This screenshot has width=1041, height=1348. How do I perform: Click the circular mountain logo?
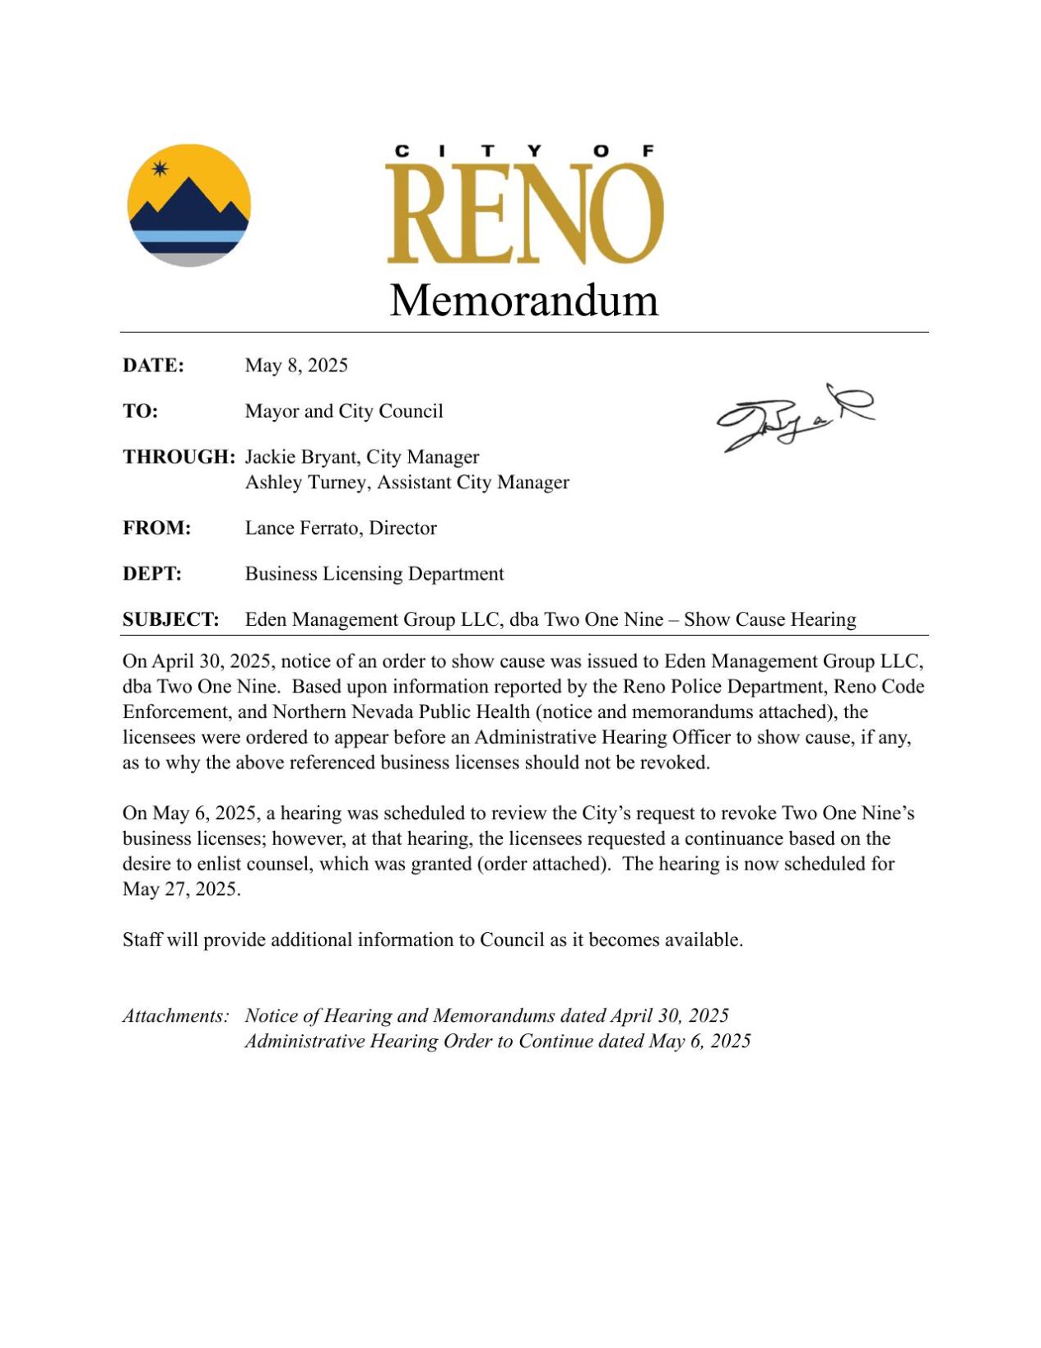click(188, 205)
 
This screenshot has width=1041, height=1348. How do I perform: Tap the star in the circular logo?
click(160, 169)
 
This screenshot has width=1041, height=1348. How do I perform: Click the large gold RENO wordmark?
click(524, 214)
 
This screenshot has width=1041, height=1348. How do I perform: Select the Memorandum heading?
click(523, 300)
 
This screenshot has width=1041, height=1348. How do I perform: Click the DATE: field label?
click(153, 365)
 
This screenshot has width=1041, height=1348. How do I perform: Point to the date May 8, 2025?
click(296, 365)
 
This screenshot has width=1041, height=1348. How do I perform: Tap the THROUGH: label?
click(179, 456)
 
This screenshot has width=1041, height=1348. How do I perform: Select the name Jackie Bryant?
click(300, 456)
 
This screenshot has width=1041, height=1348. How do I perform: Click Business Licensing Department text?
click(374, 573)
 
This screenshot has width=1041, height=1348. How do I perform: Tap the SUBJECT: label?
click(171, 619)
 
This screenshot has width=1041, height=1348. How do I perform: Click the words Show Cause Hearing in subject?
click(769, 619)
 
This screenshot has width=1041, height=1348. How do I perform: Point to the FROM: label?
click(156, 528)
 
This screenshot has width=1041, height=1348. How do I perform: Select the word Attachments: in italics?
click(175, 1015)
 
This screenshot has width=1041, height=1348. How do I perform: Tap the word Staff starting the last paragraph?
click(142, 940)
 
